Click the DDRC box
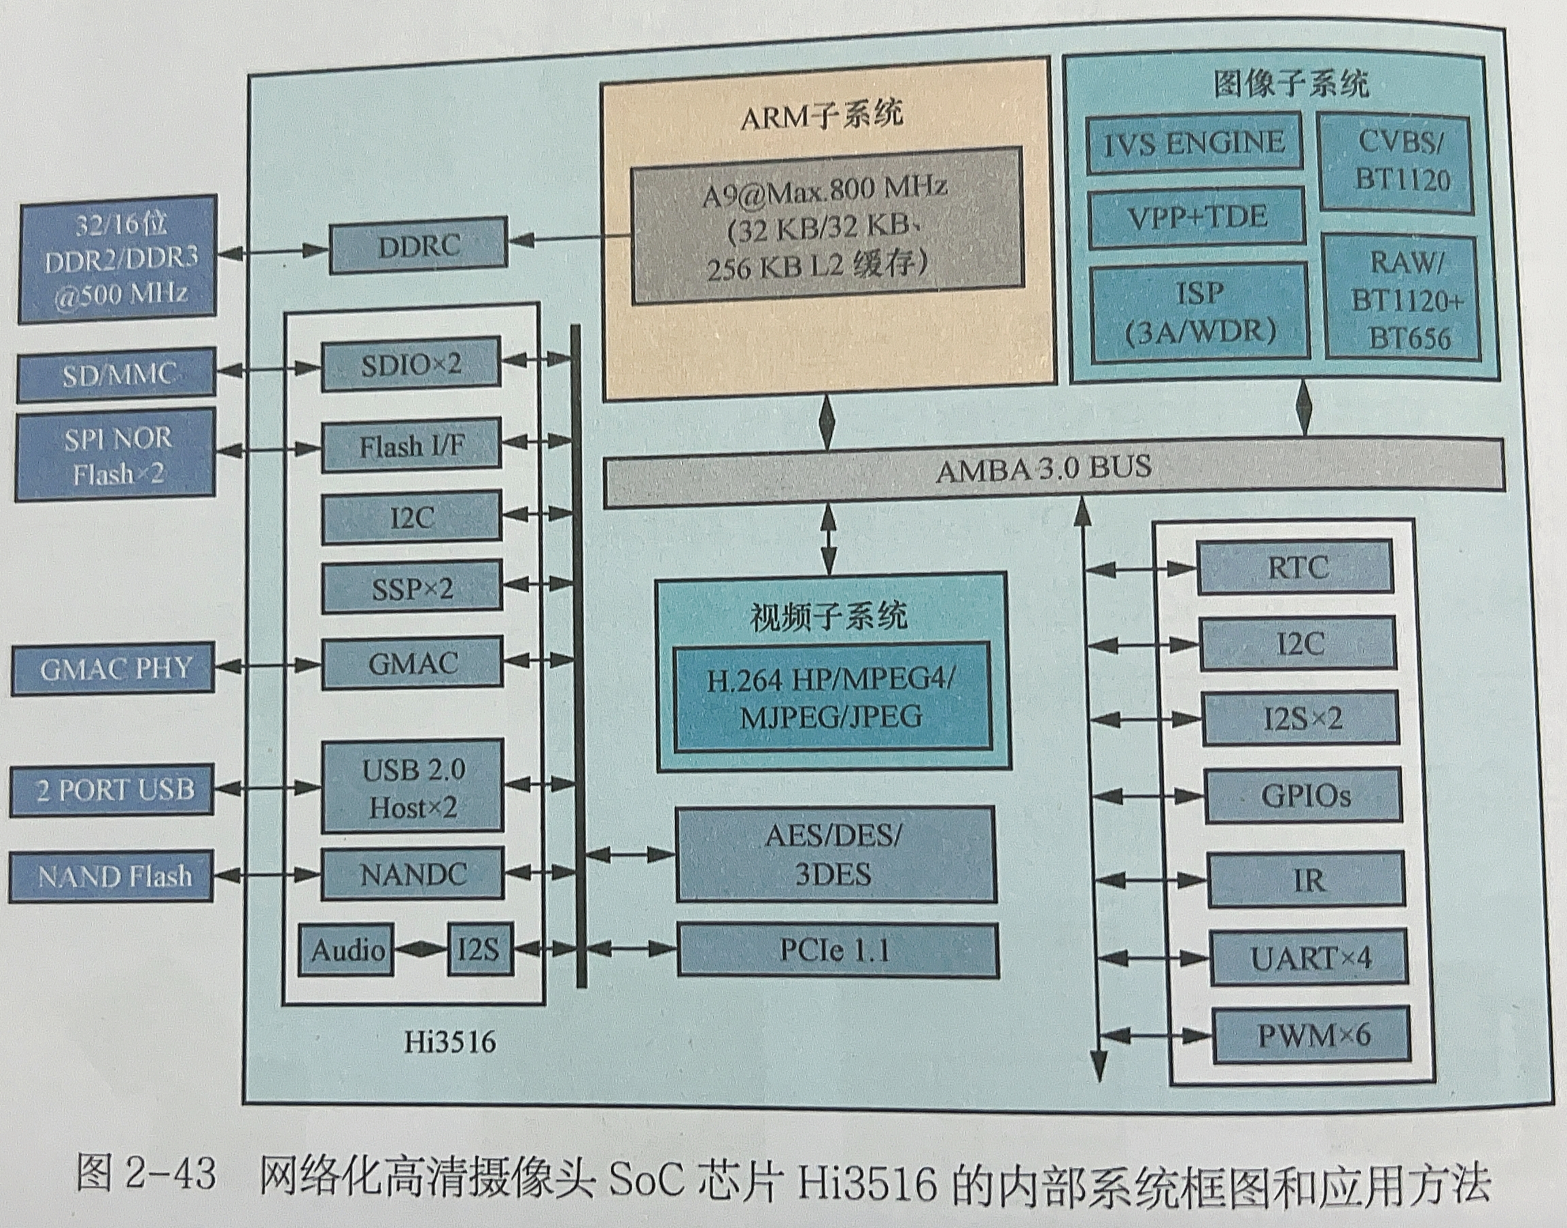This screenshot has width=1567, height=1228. [417, 246]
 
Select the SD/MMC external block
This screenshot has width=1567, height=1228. [116, 375]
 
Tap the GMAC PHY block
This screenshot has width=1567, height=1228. [114, 668]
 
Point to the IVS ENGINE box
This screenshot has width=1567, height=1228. [1194, 143]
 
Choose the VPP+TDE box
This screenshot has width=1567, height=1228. [1196, 218]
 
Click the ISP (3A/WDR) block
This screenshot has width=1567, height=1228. [1199, 311]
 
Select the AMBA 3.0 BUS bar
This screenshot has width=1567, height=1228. [1053, 471]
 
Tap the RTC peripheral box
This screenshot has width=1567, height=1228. [1295, 568]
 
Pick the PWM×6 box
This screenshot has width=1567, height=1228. [1311, 1036]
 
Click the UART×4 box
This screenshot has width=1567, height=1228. [1309, 958]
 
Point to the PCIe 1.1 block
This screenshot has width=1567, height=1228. [837, 951]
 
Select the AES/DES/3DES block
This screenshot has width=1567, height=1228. [836, 854]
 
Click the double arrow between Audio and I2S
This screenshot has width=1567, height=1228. [421, 951]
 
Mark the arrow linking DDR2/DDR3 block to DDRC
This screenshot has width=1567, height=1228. [273, 252]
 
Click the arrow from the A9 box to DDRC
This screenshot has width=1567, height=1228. [568, 239]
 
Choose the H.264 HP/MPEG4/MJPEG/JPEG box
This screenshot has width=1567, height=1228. [831, 698]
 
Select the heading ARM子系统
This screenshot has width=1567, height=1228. [822, 115]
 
